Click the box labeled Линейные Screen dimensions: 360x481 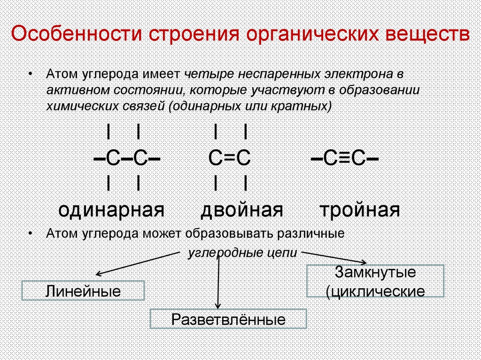[83, 291]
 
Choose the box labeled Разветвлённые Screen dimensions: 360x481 [228, 319]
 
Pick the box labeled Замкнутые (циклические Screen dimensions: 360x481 [375, 281]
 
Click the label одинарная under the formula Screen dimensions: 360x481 [111, 210]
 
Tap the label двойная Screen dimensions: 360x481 [242, 210]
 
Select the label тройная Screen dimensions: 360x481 [360, 210]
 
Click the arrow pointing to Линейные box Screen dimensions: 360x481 [136, 263]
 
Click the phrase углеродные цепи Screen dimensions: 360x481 [242, 253]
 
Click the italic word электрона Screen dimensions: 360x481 [357, 75]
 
